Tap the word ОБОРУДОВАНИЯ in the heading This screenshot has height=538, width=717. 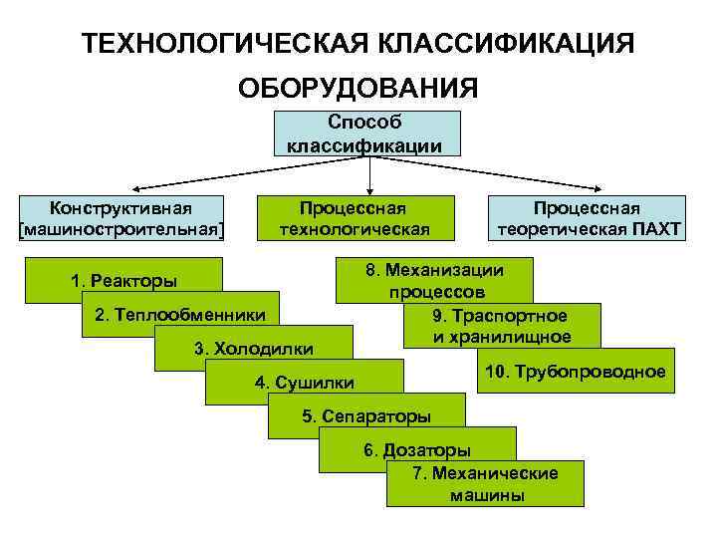tap(358, 90)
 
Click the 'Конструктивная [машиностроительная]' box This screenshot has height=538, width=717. tap(121, 218)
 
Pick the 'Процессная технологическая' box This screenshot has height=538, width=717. tap(355, 218)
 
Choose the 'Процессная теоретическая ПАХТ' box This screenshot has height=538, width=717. tap(587, 218)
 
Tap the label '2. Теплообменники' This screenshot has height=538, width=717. tap(179, 315)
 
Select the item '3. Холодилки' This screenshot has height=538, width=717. tap(253, 349)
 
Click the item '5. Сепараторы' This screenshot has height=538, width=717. tap(365, 415)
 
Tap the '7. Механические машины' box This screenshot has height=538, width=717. tap(485, 484)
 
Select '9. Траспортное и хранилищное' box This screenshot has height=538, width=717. tap(501, 326)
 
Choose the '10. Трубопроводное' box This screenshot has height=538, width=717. tap(575, 372)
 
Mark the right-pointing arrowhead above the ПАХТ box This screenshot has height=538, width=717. tap(601, 187)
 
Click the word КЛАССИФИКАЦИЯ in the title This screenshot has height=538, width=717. tap(505, 44)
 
